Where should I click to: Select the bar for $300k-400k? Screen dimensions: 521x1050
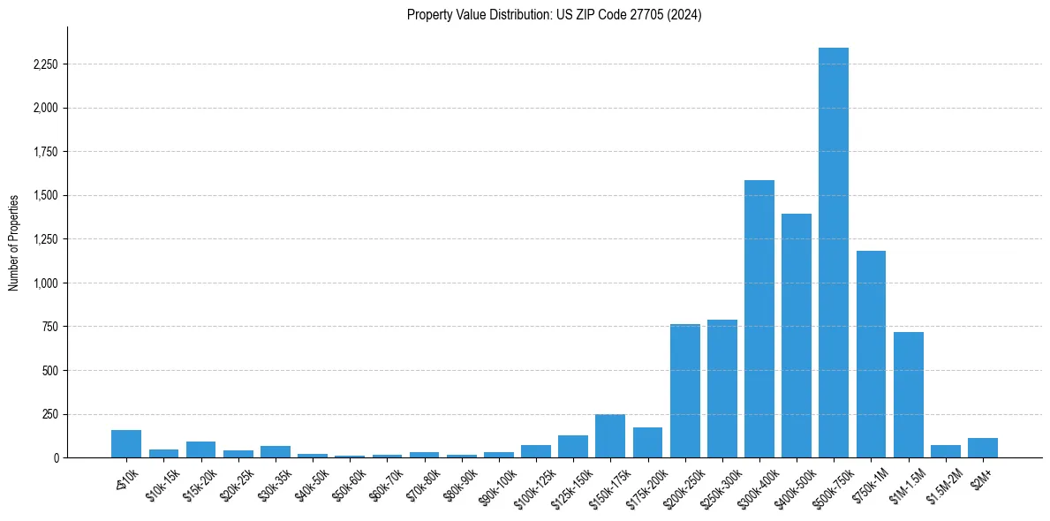[x=759, y=319]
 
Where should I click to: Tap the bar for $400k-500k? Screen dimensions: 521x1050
[x=796, y=336]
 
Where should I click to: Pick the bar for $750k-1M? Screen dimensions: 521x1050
[x=871, y=354]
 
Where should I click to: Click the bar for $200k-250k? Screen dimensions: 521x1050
[x=684, y=391]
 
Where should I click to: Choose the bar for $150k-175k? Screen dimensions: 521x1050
[x=610, y=436]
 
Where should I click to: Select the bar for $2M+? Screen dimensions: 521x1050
[x=982, y=448]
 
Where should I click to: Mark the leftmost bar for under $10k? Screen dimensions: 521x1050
[x=126, y=444]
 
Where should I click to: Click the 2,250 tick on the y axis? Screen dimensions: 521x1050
[x=46, y=64]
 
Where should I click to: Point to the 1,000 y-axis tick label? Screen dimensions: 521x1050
[x=46, y=283]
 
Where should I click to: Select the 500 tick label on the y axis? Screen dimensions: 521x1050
[x=50, y=371]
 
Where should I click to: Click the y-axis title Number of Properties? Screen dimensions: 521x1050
[x=14, y=242]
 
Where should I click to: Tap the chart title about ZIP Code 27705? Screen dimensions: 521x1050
[x=554, y=14]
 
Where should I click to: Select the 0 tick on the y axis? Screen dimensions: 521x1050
[x=56, y=458]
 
